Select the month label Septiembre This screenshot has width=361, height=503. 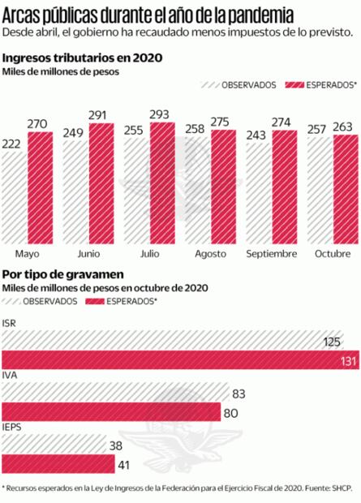point(270,253)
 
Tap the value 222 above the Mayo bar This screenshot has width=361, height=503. point(13,142)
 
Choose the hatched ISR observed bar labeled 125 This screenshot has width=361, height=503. point(170,341)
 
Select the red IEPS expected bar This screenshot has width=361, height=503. point(58,464)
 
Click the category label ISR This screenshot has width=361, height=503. point(9,323)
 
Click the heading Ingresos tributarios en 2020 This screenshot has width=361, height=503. point(82,58)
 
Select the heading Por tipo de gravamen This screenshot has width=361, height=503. point(62,274)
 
